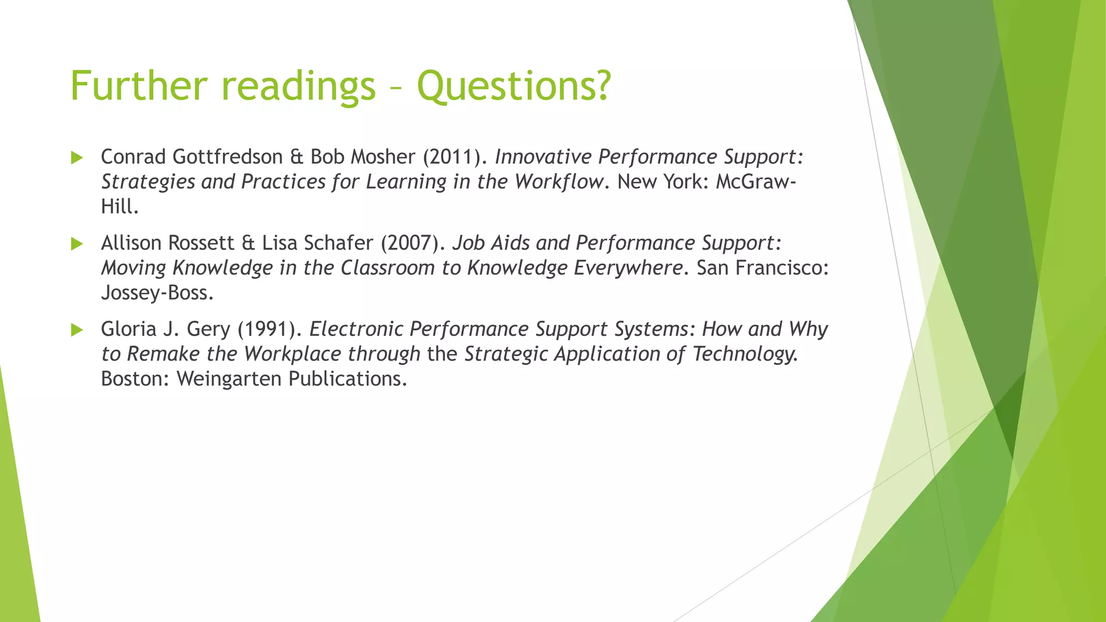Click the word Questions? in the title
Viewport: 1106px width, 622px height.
click(x=514, y=86)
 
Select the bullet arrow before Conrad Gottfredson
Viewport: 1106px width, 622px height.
click(x=77, y=158)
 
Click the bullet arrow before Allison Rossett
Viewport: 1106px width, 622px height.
click(x=77, y=244)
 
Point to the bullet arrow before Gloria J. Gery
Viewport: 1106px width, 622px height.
click(x=77, y=330)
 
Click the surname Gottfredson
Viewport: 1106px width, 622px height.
click(x=227, y=157)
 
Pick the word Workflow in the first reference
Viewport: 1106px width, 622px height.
click(x=558, y=182)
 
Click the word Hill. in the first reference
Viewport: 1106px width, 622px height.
click(x=119, y=207)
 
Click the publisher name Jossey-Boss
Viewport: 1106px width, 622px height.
click(x=157, y=293)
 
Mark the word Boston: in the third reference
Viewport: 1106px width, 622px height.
click(x=135, y=379)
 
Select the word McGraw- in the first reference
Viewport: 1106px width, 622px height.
click(x=756, y=182)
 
